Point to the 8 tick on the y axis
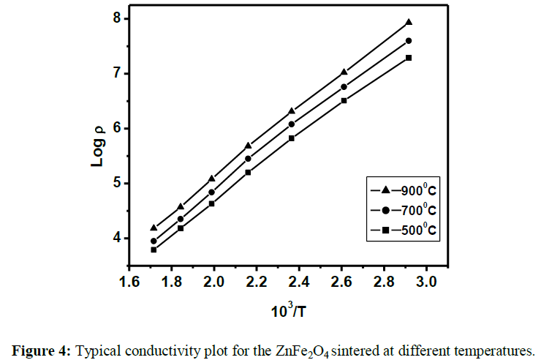pyautogui.click(x=117, y=19)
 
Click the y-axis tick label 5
pyautogui.click(x=117, y=183)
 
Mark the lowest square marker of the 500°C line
pyautogui.click(x=154, y=250)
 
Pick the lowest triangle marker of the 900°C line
pyautogui.click(x=154, y=228)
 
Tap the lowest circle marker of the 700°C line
pyautogui.click(x=154, y=241)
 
